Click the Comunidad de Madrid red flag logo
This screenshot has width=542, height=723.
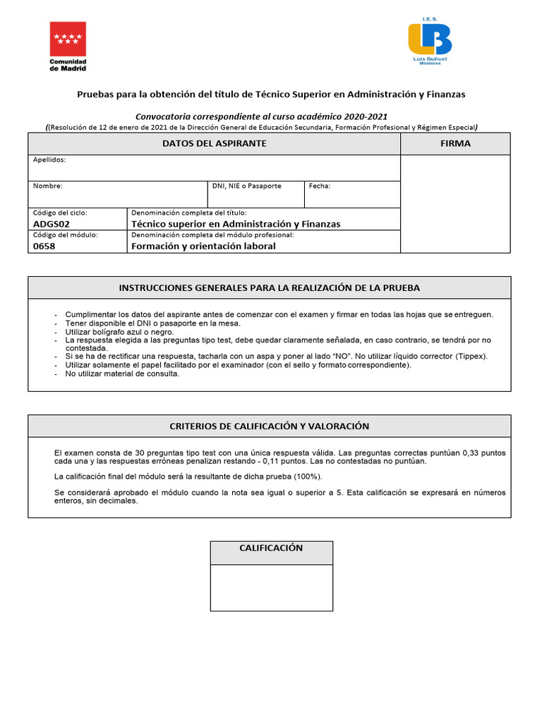68,39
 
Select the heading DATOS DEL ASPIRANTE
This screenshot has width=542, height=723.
215,143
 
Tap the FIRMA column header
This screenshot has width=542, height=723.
456,143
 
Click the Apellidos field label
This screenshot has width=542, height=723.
49,160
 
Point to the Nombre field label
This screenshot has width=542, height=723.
48,186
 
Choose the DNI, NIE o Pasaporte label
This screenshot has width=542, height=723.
247,186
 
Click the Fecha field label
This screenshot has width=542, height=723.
320,186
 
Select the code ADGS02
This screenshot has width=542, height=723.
52,224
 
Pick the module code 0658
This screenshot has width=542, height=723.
44,246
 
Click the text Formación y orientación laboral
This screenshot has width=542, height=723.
203,246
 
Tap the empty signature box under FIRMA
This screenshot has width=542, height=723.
456,203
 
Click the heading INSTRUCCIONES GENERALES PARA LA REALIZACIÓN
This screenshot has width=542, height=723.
270,287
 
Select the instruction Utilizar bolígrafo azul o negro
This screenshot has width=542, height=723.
119,331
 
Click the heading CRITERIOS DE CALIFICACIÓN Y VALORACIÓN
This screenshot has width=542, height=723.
270,426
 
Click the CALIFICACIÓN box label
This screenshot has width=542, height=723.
272,549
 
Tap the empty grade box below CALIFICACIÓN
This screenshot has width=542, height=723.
272,587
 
